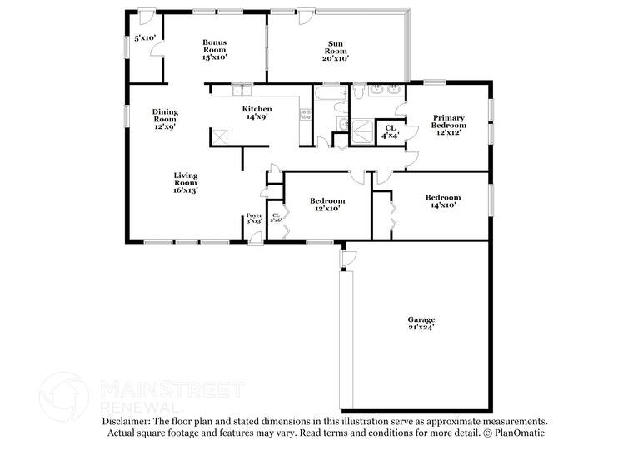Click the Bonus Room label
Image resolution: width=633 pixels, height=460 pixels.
(x=215, y=50)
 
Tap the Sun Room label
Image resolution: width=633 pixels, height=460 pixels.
(x=336, y=51)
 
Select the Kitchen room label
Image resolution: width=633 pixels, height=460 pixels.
(x=257, y=113)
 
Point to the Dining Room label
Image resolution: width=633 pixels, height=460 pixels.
(x=165, y=120)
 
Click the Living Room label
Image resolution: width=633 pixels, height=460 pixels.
(x=185, y=182)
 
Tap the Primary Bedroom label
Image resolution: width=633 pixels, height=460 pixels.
(x=448, y=125)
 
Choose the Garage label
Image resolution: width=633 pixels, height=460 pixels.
(x=421, y=324)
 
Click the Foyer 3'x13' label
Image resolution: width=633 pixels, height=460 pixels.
(x=254, y=219)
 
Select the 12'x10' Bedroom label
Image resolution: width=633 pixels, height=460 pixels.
(x=327, y=205)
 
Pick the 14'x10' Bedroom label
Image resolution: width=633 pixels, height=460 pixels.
(x=442, y=201)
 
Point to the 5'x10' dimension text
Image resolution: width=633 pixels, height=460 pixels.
(x=146, y=38)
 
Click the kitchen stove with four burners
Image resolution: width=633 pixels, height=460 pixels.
(x=305, y=114)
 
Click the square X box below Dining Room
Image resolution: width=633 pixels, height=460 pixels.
(x=220, y=136)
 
